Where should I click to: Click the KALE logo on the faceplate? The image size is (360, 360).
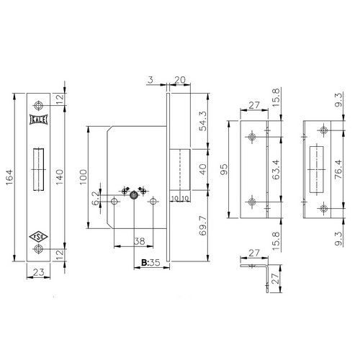click(38, 120)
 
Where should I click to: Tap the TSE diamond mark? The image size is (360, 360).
click(38, 237)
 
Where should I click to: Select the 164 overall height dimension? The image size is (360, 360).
click(9, 177)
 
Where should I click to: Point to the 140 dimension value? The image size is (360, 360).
click(59, 176)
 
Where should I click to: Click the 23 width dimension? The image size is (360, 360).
click(39, 272)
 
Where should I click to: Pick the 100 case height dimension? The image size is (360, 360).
click(83, 177)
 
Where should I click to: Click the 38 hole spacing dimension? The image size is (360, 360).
click(139, 241)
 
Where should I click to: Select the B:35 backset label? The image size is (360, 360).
click(150, 263)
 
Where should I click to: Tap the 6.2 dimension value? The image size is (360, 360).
click(95, 199)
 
